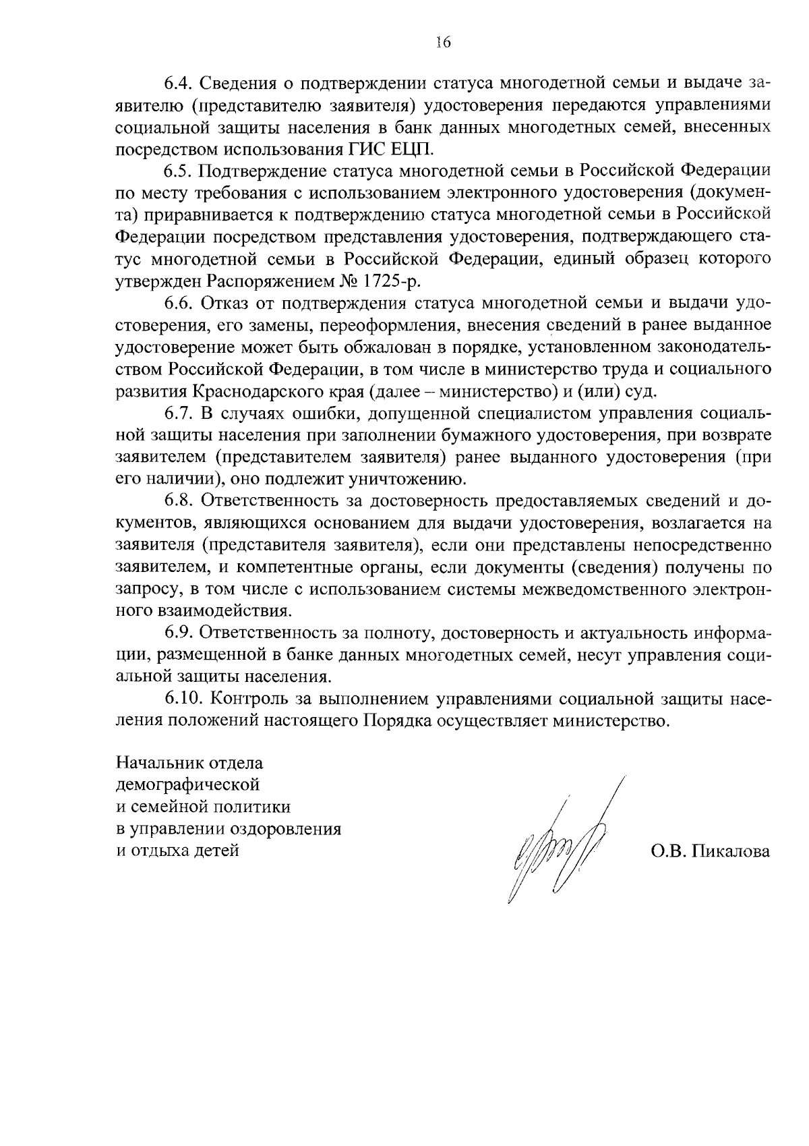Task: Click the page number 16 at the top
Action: [x=443, y=42]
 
